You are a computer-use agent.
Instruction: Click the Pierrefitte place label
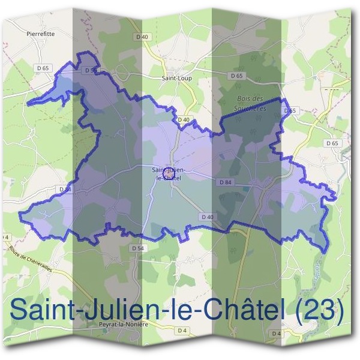[41, 34]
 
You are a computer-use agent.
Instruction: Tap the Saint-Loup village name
[176, 77]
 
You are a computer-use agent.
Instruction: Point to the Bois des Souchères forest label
[250, 103]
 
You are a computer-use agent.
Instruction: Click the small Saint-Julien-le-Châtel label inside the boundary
[169, 174]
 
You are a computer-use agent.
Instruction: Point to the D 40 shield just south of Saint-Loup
[184, 120]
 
